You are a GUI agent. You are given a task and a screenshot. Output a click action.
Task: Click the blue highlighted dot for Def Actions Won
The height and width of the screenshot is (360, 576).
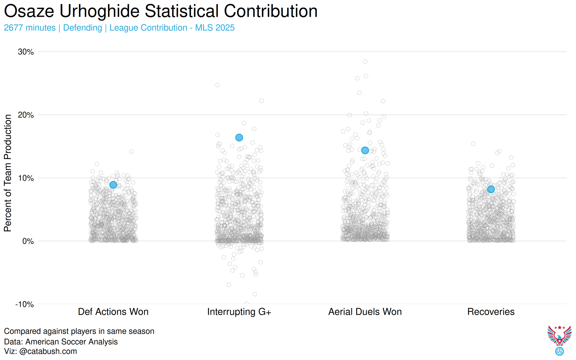113,185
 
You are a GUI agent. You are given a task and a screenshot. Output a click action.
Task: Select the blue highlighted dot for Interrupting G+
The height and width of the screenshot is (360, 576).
239,137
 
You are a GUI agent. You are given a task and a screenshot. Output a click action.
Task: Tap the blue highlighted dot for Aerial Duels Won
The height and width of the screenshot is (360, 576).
365,150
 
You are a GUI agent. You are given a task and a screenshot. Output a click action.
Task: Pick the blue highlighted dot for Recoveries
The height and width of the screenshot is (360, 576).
491,189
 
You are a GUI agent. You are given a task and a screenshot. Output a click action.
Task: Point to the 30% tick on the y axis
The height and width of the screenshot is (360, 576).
26,52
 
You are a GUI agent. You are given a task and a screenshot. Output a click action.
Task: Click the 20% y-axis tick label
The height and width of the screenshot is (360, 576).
26,115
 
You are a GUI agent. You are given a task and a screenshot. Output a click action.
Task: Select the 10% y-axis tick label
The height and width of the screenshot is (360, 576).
26,178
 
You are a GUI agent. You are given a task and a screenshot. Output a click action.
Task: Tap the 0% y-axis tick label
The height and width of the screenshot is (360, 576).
28,241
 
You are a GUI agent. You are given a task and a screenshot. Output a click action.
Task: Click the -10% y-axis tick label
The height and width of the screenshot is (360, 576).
24,304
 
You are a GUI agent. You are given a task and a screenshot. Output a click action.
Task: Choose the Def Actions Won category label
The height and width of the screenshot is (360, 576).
113,312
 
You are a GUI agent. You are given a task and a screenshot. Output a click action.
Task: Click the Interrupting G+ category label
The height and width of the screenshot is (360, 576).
239,312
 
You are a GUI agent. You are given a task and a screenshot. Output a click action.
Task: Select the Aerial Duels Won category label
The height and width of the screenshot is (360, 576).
365,312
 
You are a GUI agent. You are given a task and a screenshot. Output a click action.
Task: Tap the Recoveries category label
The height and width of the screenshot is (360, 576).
491,312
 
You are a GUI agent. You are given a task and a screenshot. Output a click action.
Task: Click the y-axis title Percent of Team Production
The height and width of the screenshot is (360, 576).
8,173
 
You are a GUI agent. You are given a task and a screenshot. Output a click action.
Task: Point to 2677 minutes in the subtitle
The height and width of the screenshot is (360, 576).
30,28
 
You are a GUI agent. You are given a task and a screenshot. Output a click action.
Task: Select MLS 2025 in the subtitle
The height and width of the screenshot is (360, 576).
215,28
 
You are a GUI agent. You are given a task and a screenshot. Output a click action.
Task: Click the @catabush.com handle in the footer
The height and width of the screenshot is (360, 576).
48,351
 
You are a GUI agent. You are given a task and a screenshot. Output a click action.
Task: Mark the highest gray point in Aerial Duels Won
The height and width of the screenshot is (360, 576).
365,62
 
